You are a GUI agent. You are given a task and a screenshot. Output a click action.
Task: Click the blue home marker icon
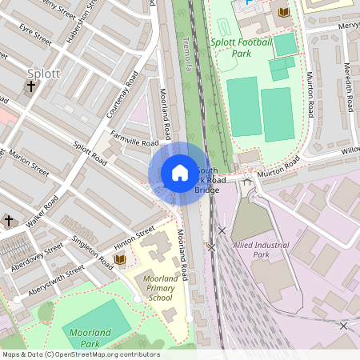pos(179,173)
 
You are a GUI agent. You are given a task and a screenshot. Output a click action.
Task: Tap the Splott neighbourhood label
pos(43,74)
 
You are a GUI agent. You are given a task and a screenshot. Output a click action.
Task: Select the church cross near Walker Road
pos(9,220)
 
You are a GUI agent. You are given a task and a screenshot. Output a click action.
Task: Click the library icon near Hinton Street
pos(120,259)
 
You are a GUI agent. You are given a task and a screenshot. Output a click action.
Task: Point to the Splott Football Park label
pos(242,47)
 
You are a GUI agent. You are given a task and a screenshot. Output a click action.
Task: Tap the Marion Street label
pos(30,162)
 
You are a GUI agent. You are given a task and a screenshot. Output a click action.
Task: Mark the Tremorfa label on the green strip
pos(187,53)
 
